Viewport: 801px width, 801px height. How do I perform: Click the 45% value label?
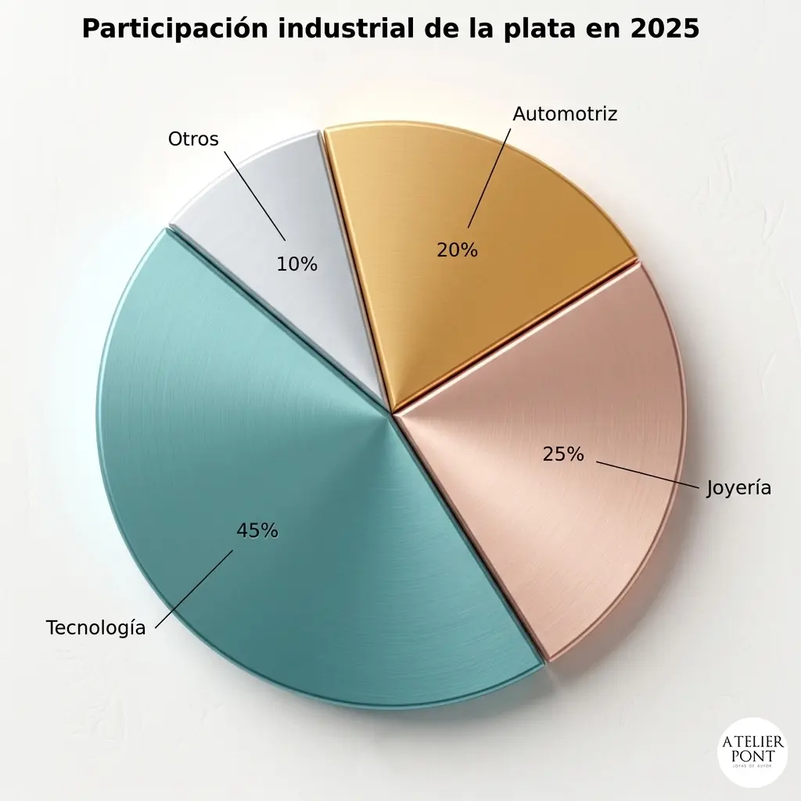pyautogui.click(x=257, y=531)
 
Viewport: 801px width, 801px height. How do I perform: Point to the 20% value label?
pyautogui.click(x=457, y=250)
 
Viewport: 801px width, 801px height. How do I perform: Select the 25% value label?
pyautogui.click(x=563, y=454)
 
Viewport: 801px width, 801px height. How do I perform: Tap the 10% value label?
pyautogui.click(x=296, y=264)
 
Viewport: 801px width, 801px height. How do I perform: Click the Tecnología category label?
pyautogui.click(x=96, y=628)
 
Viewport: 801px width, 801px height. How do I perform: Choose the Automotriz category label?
pyautogui.click(x=565, y=114)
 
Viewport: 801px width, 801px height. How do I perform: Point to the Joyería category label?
pyautogui.click(x=738, y=488)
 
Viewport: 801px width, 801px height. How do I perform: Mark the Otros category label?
pyautogui.click(x=194, y=139)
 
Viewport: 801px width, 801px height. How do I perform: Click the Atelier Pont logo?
pyautogui.click(x=753, y=752)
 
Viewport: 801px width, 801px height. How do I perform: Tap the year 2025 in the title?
pyautogui.click(x=665, y=29)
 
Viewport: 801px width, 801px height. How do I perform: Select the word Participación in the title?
pyautogui.click(x=175, y=29)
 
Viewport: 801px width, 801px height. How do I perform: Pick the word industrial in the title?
pyautogui.click(x=347, y=29)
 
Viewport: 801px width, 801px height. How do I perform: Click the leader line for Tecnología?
pyautogui.click(x=194, y=589)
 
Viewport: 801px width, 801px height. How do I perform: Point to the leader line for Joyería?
pyautogui.click(x=647, y=476)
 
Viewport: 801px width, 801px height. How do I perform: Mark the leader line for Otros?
pyautogui.click(x=255, y=196)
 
